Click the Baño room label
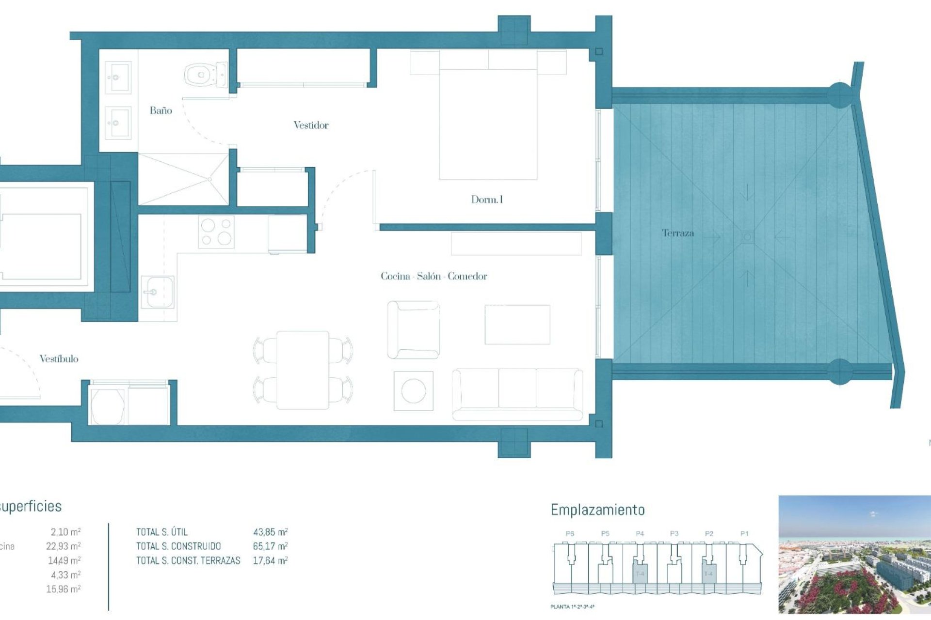(161, 110)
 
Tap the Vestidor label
(311, 125)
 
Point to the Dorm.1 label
(487, 199)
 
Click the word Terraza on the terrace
(677, 233)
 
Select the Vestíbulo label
(59, 358)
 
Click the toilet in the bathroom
(205, 75)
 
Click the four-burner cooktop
(216, 232)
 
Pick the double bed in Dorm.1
(488, 121)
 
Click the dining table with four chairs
(303, 370)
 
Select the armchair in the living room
(414, 329)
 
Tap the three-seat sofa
(517, 394)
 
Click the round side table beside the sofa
(413, 391)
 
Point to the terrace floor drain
(747, 237)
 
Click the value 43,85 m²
(270, 532)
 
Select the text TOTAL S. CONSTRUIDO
(178, 546)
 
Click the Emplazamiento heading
(597, 510)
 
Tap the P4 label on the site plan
(640, 533)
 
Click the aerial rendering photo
(854, 554)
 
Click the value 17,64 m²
(270, 561)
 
